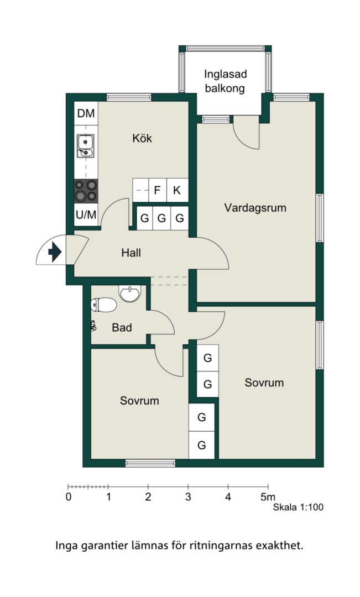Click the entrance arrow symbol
(55, 252)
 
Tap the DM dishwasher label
(86, 113)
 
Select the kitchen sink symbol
(86, 145)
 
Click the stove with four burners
(86, 191)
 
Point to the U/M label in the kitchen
(86, 214)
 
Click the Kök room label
(142, 138)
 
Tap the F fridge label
(157, 190)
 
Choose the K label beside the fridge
(176, 190)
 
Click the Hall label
(131, 253)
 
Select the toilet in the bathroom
(103, 305)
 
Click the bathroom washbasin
(130, 293)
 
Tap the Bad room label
(122, 327)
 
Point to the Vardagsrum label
(255, 208)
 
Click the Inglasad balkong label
(225, 81)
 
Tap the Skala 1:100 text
(298, 507)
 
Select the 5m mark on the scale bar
(268, 496)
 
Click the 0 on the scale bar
(69, 497)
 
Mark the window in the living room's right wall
(320, 218)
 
